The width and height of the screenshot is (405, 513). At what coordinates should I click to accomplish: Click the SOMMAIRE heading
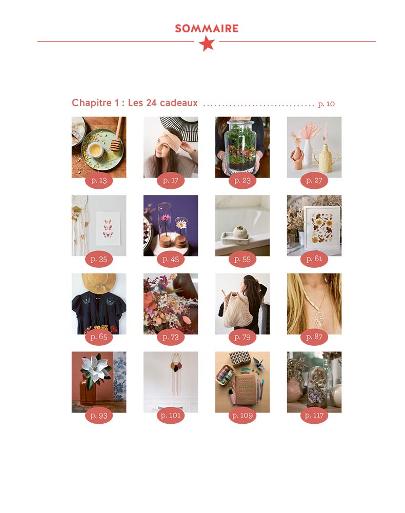(x=206, y=28)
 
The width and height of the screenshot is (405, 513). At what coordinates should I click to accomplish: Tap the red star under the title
(x=207, y=44)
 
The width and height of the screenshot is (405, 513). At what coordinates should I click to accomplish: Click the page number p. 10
(x=326, y=104)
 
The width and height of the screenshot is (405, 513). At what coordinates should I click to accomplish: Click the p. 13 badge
(x=98, y=181)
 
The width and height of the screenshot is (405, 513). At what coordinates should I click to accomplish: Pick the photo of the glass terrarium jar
(x=242, y=147)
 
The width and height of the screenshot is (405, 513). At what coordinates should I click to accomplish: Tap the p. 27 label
(x=314, y=181)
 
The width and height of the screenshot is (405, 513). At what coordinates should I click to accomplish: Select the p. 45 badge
(x=170, y=259)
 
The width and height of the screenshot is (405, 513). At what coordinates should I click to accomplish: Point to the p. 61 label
(x=314, y=259)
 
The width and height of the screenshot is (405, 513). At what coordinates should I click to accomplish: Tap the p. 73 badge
(x=170, y=337)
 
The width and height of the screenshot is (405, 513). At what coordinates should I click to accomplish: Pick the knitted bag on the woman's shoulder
(x=236, y=313)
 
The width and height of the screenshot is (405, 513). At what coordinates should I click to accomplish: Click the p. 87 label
(x=314, y=337)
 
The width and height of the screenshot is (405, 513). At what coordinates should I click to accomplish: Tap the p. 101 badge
(x=170, y=416)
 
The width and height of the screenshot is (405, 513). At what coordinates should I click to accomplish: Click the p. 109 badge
(x=242, y=416)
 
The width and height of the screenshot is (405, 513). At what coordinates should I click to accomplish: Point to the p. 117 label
(x=314, y=416)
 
